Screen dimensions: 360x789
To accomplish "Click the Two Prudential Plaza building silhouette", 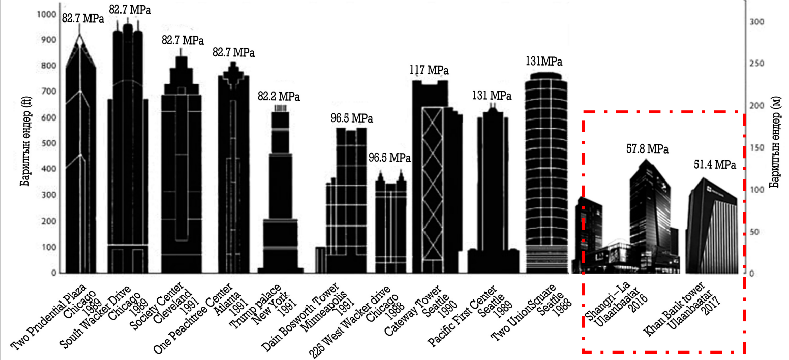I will (x=80, y=168).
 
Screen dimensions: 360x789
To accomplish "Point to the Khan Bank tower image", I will (x=712, y=229).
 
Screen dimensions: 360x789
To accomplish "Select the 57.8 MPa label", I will (x=647, y=149).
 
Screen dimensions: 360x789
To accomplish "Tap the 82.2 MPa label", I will (x=279, y=96).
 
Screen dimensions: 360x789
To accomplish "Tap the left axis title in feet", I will (x=25, y=143).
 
